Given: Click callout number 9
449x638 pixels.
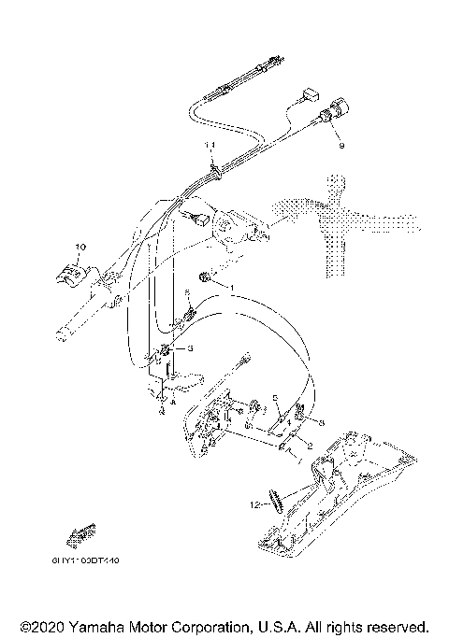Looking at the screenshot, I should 341,147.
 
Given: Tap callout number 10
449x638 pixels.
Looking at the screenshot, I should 80,247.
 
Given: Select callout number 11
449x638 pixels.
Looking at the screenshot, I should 210,145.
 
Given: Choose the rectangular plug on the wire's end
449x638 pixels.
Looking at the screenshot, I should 311,95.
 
